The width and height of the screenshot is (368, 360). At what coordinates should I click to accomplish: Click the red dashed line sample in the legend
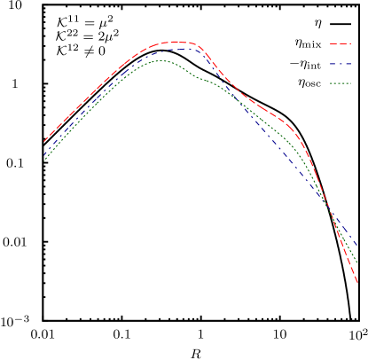pos(341,43)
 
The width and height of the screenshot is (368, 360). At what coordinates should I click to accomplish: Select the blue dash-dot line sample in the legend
pos(341,64)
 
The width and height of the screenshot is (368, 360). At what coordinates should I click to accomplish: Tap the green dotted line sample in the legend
pos(341,83)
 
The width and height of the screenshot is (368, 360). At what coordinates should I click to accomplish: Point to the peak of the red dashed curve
pos(175,41)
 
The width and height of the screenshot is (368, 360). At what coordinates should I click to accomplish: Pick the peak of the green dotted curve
pos(160,60)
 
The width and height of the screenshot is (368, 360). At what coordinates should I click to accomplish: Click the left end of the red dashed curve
pos(44,141)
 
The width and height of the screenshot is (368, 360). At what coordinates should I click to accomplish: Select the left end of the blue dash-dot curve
pos(44,154)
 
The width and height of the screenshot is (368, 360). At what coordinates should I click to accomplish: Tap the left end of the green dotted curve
pos(44,160)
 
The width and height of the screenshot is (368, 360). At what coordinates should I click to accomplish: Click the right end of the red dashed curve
pos(357,284)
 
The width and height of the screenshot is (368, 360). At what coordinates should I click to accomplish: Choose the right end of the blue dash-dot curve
pos(357,245)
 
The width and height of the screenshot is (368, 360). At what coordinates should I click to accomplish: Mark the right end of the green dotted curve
pos(357,264)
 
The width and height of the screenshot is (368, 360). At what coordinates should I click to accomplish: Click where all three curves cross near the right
pos(329,207)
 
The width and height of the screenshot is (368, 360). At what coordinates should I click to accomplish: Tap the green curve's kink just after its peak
pos(200,78)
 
